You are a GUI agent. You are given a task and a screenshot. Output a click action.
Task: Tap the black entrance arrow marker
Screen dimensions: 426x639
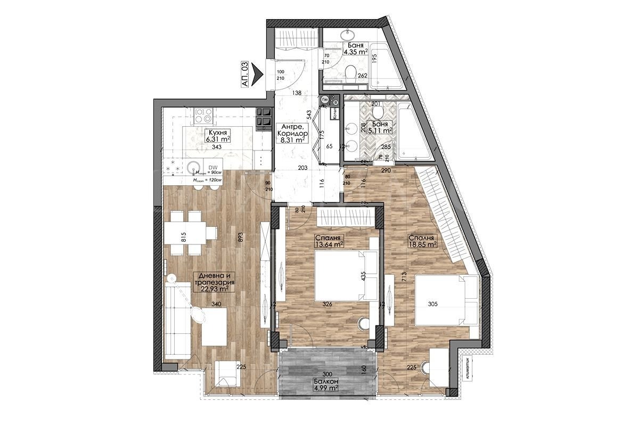(259, 74)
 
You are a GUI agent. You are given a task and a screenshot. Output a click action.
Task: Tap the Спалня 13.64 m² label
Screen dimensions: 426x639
(328, 241)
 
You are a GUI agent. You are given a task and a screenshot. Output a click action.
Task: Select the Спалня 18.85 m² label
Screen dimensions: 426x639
(422, 241)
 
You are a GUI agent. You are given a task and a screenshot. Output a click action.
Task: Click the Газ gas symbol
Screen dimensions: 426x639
(324, 99)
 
